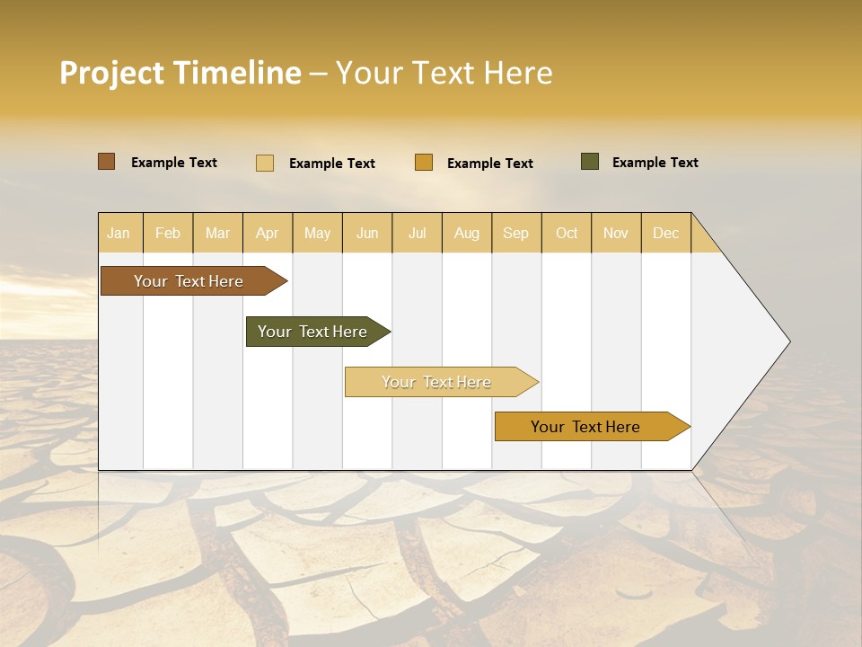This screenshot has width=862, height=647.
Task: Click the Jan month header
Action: coord(119,233)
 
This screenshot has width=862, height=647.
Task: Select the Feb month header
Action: coord(168,233)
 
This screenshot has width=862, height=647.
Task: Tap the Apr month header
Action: coord(267,233)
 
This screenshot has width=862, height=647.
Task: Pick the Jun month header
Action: coord(367,233)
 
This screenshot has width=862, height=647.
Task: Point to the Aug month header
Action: coord(467,233)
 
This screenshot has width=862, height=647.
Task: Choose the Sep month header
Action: coord(516,233)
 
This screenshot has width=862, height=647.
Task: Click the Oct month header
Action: coord(567,233)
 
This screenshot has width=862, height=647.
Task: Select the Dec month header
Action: coord(666,233)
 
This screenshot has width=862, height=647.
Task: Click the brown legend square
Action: coord(107,162)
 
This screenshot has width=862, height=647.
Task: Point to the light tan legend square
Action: coord(265,163)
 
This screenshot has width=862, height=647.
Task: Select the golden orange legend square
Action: coord(424,163)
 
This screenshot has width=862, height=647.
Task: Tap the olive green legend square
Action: coord(590,162)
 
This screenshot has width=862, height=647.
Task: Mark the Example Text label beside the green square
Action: coord(655,163)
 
